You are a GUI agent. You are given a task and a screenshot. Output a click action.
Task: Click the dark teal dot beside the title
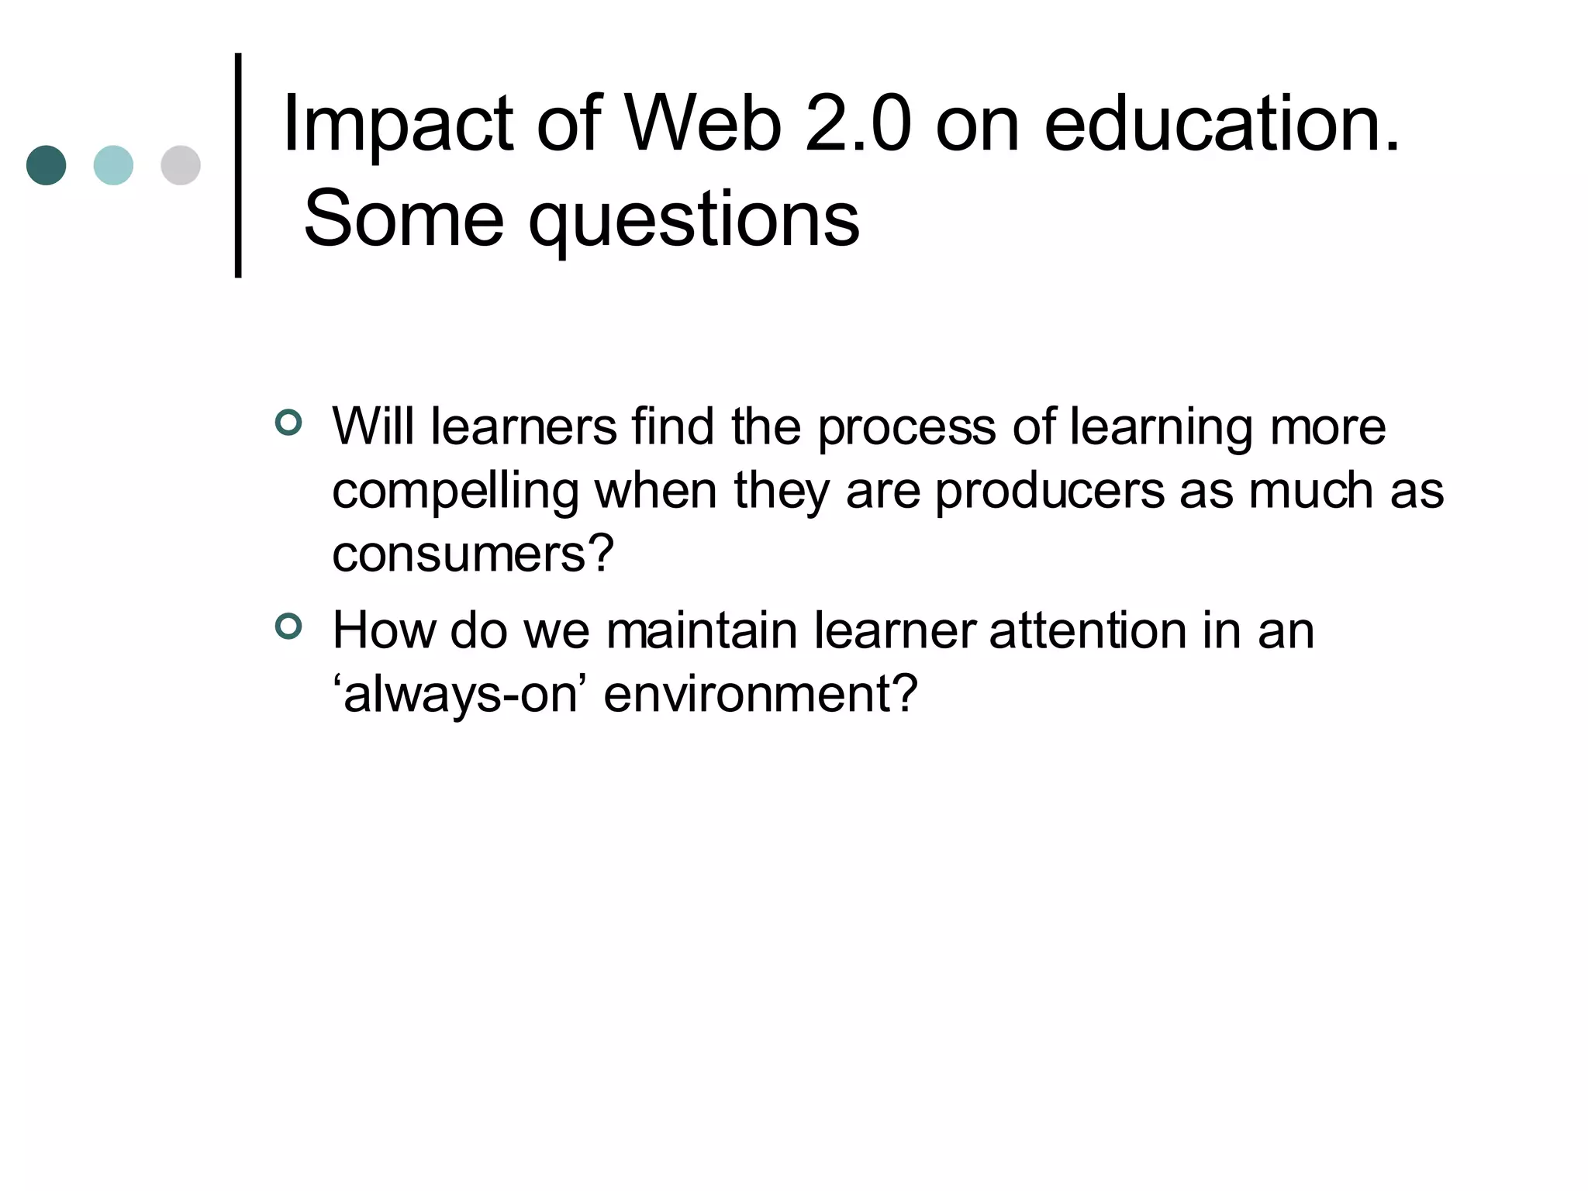tap(46, 165)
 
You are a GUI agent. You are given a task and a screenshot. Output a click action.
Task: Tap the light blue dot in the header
tap(113, 165)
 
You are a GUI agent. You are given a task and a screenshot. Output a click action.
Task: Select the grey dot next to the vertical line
tap(181, 165)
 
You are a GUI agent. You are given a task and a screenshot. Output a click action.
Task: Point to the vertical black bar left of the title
tap(238, 165)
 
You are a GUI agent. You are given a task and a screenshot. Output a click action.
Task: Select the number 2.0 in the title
tap(858, 124)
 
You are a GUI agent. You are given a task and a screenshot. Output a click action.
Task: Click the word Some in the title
tap(403, 219)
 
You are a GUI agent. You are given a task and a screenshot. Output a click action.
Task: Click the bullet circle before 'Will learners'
tap(288, 423)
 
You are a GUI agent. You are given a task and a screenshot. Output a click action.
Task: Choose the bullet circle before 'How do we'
tap(288, 626)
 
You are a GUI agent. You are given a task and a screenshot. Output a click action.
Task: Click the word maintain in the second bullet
tap(702, 630)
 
